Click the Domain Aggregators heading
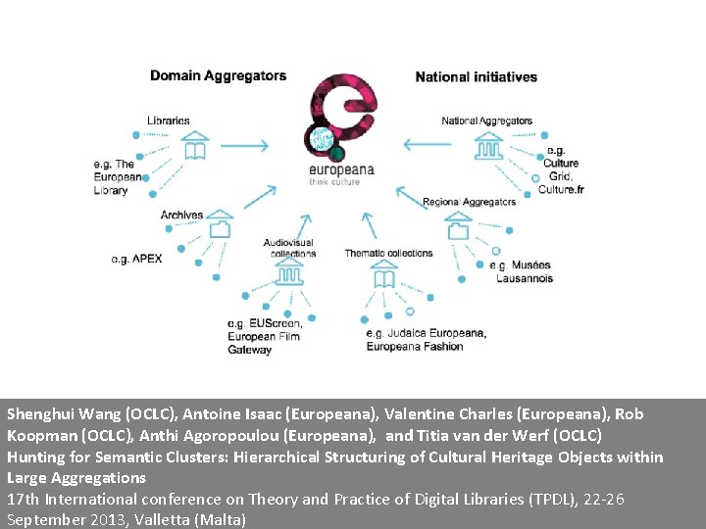pos(218,75)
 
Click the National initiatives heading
pos(476,76)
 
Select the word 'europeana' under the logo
pos(341,169)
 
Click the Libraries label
pos(169,120)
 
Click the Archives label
pos(181,215)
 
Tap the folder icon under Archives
pos(220,228)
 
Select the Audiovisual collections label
pos(289,248)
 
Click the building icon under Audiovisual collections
pos(288,275)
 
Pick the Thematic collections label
pos(388,253)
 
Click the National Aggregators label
pos(486,121)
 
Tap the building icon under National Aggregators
pos(487,146)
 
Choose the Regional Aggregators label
pos(469,202)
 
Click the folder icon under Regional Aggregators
pos(458,229)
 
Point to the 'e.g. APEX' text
pos(136,259)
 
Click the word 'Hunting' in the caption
pos(35,457)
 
